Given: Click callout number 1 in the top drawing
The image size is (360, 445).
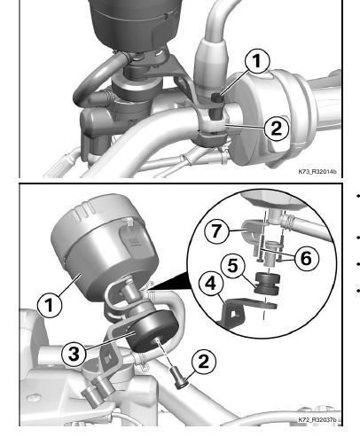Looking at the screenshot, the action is coord(257,61).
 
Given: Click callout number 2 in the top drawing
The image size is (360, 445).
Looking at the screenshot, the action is coord(277,129).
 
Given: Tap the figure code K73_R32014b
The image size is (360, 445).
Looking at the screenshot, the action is coord(317,171).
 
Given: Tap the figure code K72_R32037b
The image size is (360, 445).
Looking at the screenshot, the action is coord(317,419).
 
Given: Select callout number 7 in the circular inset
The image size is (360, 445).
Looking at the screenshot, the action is coord(216,231).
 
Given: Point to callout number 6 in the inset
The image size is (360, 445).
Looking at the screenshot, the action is coord(306,259).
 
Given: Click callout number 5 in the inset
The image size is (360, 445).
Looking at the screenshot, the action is coord(233,266).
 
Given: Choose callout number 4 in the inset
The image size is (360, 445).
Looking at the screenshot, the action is coord(211,284).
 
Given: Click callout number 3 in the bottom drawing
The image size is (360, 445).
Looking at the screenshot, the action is coord(74,353).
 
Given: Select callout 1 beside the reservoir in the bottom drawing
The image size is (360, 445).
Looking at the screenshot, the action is coord(50,305).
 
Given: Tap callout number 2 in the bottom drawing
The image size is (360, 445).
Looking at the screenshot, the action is coord(204,361).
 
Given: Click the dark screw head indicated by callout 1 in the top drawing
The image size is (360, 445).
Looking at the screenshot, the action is coord(218,98).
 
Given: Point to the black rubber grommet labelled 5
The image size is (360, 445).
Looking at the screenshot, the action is coord(267,284).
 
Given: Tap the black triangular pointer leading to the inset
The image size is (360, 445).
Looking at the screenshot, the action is coord(171,282).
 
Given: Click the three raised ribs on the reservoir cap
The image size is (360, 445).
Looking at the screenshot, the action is coord(86,210).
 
